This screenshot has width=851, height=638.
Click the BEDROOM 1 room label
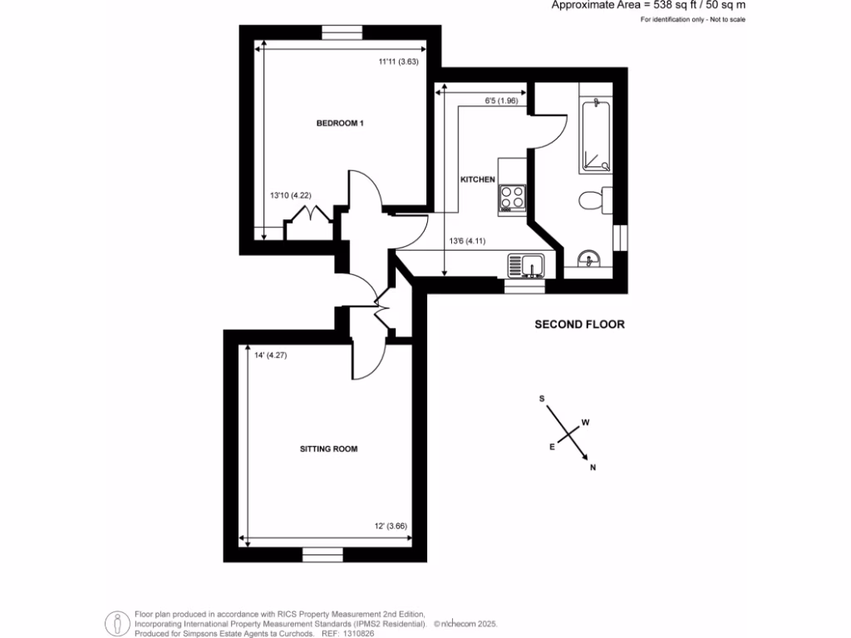pos(341,123)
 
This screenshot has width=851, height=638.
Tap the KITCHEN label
pos(478,179)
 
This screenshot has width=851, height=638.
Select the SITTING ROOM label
pos(328,449)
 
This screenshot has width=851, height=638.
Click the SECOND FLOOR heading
pos(578,325)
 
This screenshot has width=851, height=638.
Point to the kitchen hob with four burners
pos(512,199)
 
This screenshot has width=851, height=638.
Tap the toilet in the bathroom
pos(591,200)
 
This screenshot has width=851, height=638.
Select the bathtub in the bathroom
pos(596,135)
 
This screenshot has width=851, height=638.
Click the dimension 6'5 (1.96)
pos(502,101)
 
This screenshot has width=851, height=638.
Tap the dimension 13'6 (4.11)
pos(467,242)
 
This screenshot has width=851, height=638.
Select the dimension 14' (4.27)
pos(270,355)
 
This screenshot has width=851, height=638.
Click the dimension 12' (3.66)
pos(389,527)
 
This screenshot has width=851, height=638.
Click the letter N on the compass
pos(593,468)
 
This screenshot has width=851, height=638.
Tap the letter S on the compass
pos(542,399)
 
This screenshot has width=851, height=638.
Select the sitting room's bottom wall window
pos(322,555)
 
